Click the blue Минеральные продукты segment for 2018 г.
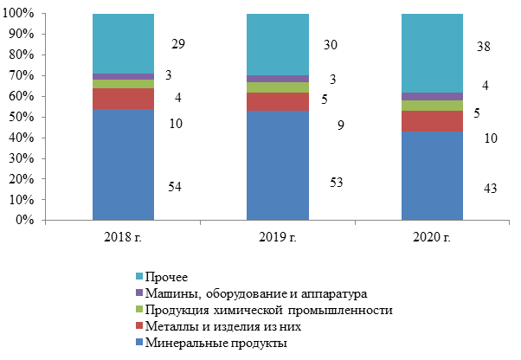point(123,164)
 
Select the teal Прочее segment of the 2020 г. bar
point(432,53)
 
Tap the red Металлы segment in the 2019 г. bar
point(277,101)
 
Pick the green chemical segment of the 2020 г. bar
point(432,106)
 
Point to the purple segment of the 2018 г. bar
point(123,76)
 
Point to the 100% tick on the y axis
point(21,14)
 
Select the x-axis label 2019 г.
point(277,237)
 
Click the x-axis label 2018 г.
point(123,237)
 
